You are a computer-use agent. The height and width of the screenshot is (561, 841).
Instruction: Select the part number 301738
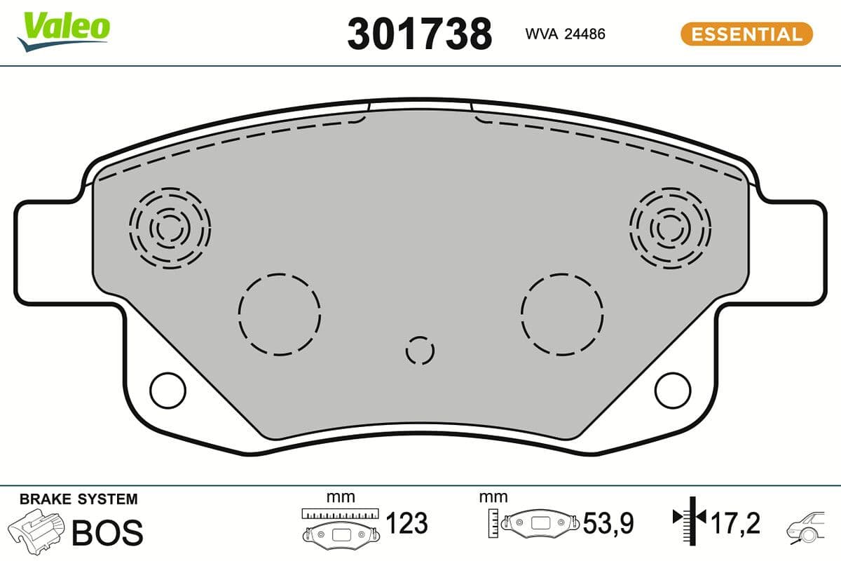tap(419, 34)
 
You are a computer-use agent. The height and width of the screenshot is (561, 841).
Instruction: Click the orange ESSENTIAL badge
tap(746, 34)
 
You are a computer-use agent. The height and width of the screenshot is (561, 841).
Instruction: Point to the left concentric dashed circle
tap(170, 228)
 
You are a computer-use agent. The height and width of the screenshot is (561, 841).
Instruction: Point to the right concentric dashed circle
tap(670, 228)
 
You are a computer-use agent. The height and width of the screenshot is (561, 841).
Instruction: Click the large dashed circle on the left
tap(279, 313)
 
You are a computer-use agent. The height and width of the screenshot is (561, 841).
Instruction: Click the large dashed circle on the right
tap(562, 313)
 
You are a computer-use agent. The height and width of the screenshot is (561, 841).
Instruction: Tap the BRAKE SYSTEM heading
tap(78, 499)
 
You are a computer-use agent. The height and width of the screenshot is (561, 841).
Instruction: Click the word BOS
tap(107, 532)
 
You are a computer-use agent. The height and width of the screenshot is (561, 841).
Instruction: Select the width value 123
tap(406, 523)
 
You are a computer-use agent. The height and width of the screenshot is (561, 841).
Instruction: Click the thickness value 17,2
tap(735, 523)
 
